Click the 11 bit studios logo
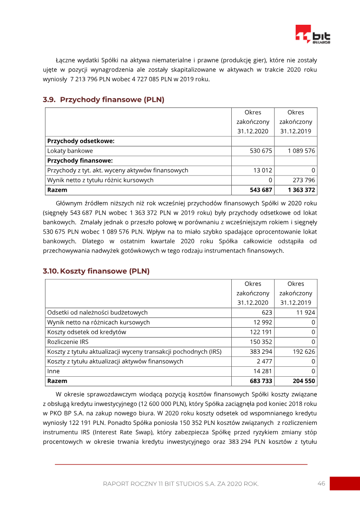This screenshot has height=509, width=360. [313, 35]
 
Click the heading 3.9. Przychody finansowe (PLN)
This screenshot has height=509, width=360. [103, 99]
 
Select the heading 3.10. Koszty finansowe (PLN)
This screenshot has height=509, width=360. [96, 271]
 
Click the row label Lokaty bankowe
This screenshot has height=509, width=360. [70, 151]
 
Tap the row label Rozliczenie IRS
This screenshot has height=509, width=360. [68, 342]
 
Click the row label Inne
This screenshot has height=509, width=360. [54, 371]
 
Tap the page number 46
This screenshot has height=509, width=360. [321, 483]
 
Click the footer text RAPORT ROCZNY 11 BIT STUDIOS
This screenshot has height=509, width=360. [180, 484]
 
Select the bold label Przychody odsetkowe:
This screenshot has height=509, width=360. [81, 141]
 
